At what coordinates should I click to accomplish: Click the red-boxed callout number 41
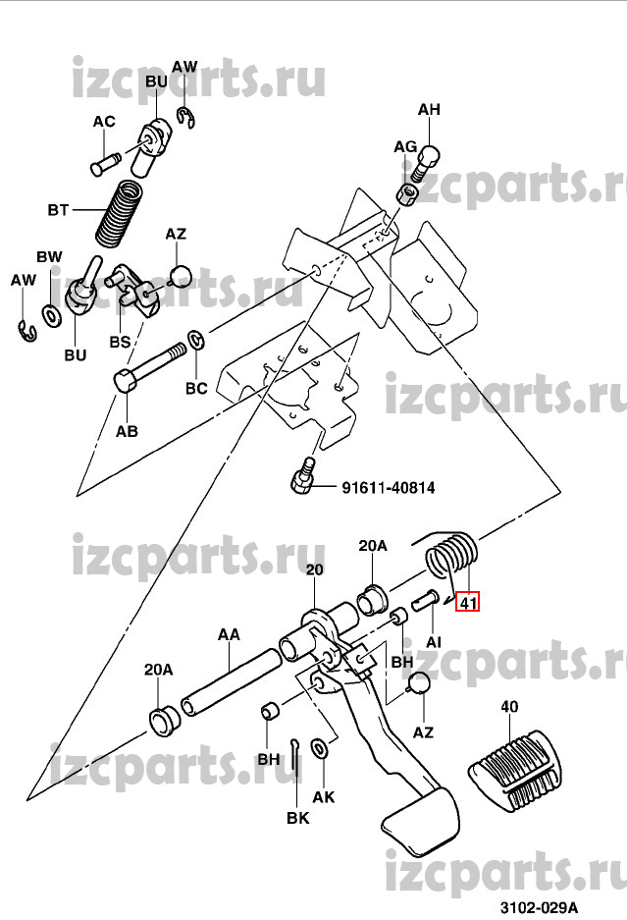coord(467,602)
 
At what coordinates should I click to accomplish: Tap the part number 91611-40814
coord(388,486)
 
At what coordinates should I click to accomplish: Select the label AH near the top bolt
coord(430,110)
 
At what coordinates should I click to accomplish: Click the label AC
coord(104,122)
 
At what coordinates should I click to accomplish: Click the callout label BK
coord(297,817)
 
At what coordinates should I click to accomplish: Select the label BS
coord(119,343)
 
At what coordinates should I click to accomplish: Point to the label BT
coord(59,210)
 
